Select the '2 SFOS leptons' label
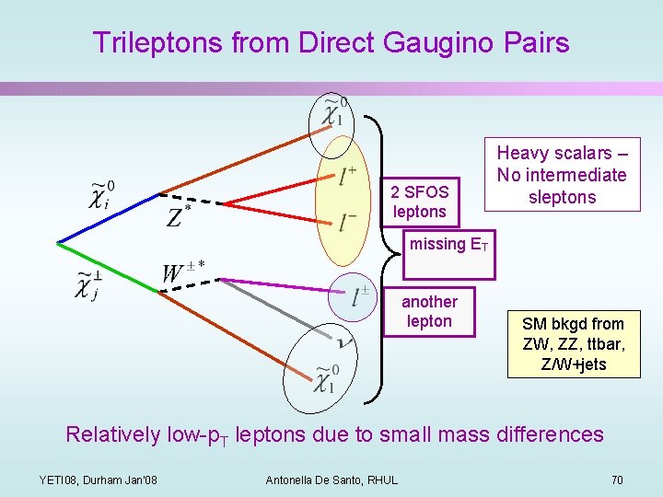pyautogui.click(x=419, y=202)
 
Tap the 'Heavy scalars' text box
pyautogui.click(x=562, y=175)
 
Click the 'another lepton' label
pyautogui.click(x=429, y=311)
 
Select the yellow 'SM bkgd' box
pyautogui.click(x=573, y=344)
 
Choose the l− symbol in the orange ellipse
pyautogui.click(x=347, y=222)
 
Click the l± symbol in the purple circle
pyautogui.click(x=360, y=297)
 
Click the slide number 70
pyautogui.click(x=616, y=480)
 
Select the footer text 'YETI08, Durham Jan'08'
pyautogui.click(x=99, y=480)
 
